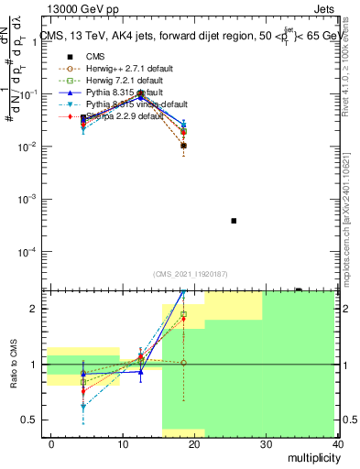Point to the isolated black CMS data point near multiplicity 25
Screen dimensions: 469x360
[234, 221]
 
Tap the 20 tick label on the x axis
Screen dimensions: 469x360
[194, 443]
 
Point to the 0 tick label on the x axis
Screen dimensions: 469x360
[51, 443]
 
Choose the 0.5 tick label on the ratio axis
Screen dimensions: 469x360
[29, 420]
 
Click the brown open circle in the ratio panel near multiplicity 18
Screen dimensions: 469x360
[183, 363]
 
